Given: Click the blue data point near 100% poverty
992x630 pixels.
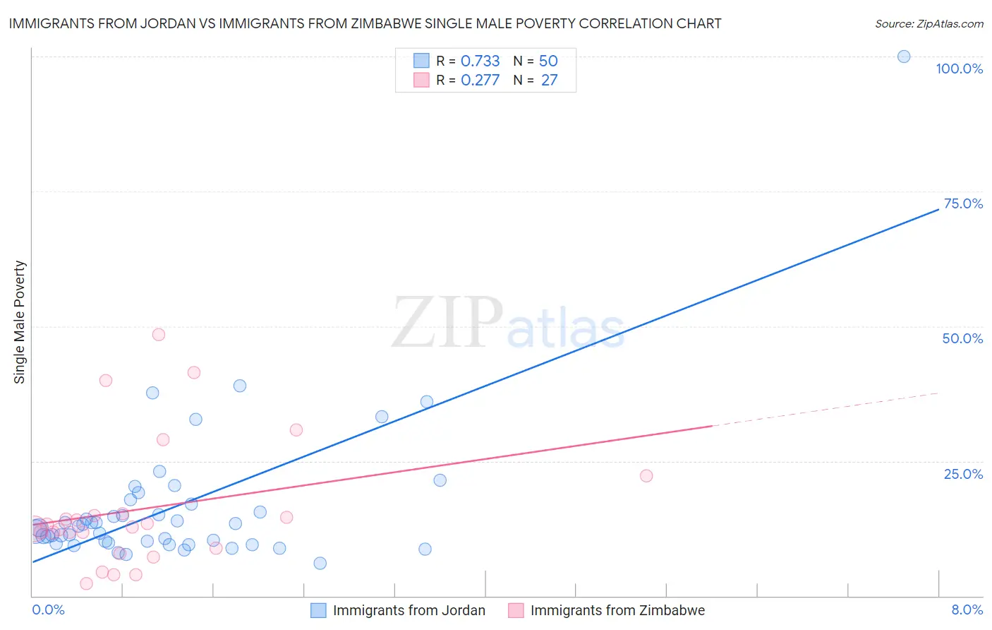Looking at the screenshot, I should [904, 57].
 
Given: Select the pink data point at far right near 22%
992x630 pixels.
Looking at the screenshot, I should [646, 475].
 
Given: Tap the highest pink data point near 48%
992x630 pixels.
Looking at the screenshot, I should [159, 334].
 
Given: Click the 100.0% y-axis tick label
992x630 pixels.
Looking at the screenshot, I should [959, 69].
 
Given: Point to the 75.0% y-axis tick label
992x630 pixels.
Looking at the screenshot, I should [963, 203].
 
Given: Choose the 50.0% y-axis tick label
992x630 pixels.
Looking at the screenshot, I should [962, 338].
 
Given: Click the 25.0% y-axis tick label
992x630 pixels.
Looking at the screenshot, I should [963, 474].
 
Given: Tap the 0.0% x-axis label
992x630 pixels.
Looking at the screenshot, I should [48, 610].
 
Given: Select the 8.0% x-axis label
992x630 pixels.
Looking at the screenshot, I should [967, 610].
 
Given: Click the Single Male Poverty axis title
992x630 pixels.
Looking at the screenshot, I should [20, 322].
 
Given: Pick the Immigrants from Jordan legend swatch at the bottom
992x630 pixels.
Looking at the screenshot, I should [319, 610].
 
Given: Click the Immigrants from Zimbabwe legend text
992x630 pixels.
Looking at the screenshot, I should [617, 610].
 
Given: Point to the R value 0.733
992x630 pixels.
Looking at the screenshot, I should [480, 61].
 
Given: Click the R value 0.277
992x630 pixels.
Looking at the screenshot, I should [480, 80].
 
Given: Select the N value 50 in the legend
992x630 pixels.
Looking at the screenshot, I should [548, 61].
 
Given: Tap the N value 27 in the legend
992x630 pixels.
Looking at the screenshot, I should [549, 80].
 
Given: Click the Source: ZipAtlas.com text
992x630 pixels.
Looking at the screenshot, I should [929, 23].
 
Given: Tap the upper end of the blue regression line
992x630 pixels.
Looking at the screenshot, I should [938, 209].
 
